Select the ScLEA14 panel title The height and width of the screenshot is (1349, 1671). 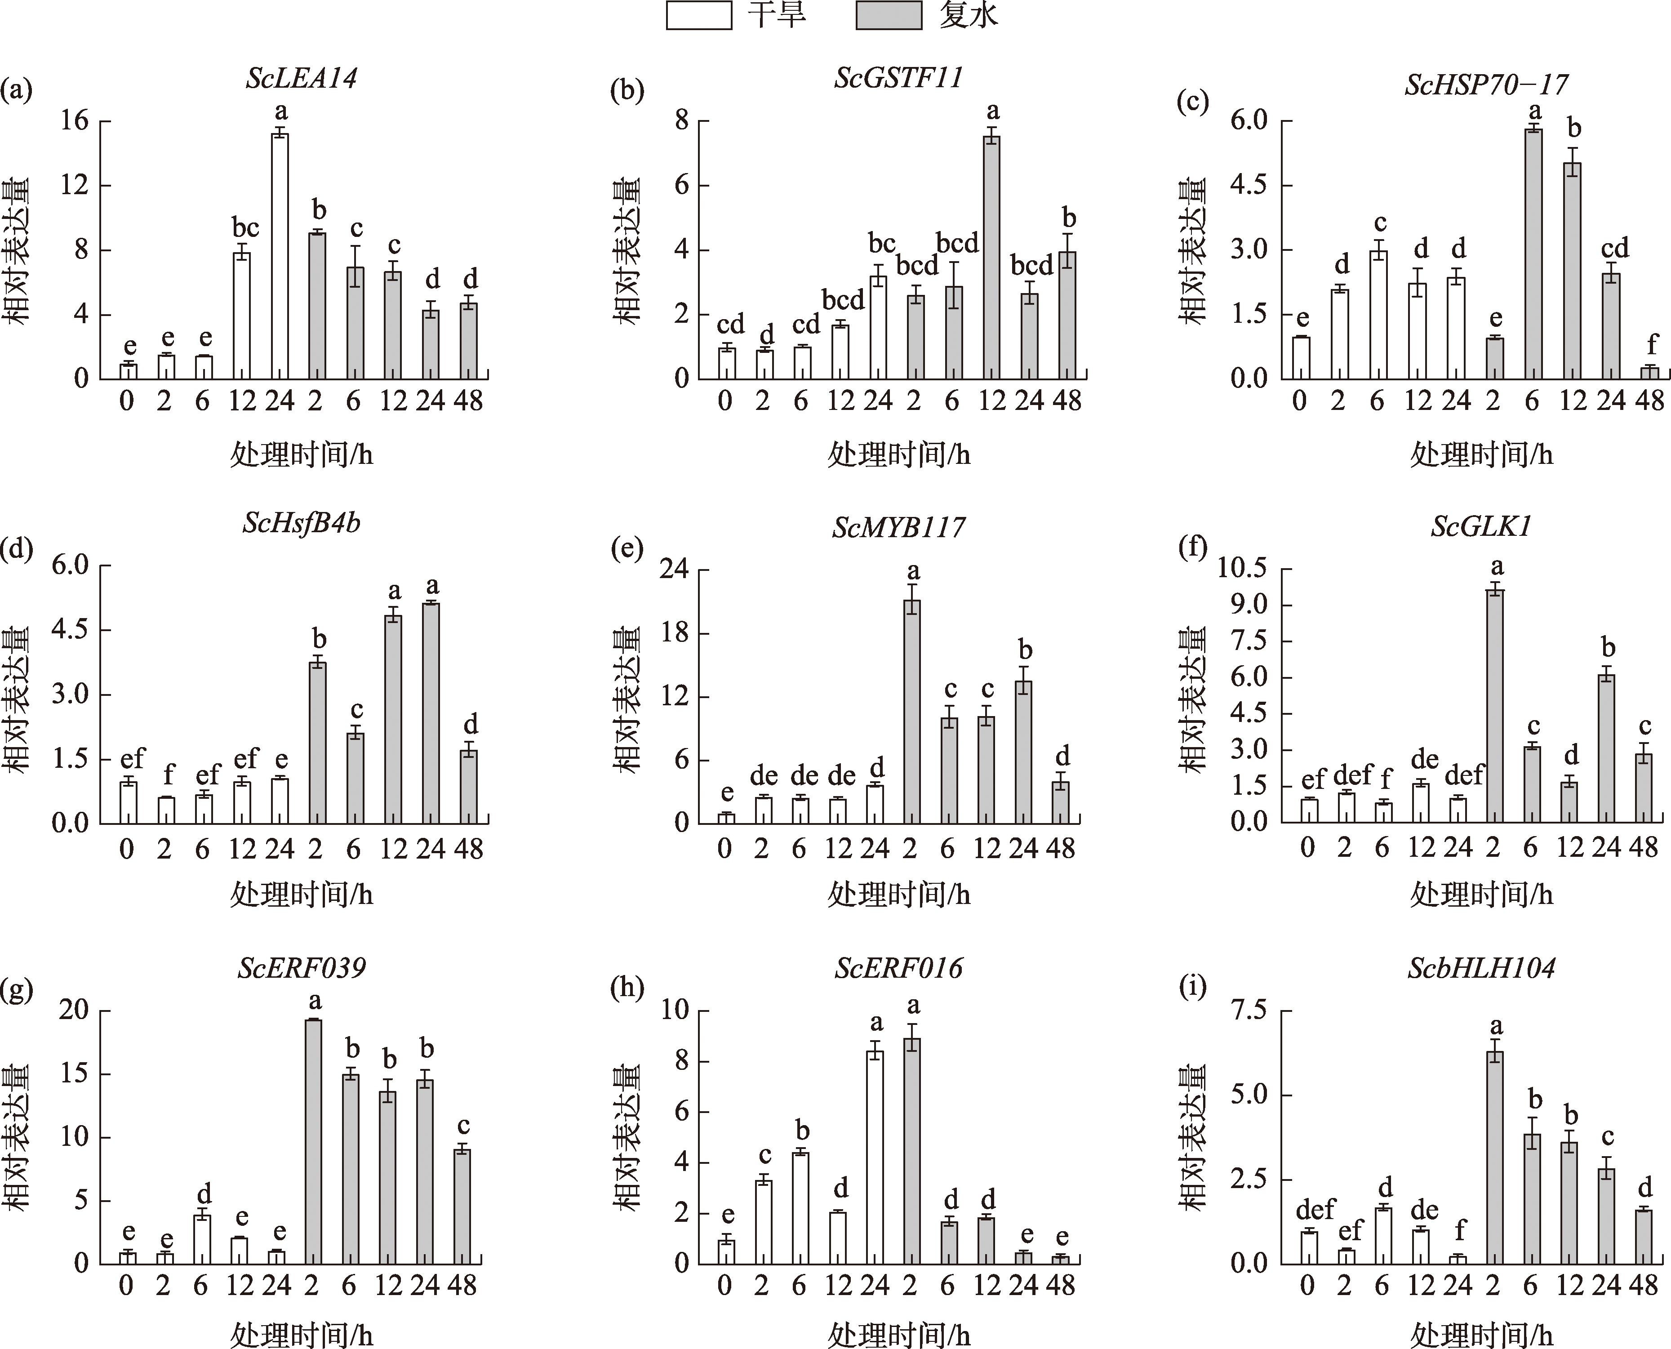(302, 79)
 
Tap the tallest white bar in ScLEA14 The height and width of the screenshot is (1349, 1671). (280, 256)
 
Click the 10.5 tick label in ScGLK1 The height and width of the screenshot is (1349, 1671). (1240, 569)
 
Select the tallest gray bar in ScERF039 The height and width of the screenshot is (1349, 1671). (313, 1142)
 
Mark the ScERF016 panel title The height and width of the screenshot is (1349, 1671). (899, 968)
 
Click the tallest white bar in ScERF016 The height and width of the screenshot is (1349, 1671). (875, 1158)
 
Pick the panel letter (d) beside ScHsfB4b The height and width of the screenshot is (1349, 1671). (17, 548)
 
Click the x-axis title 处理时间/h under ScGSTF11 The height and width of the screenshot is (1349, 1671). (899, 454)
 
